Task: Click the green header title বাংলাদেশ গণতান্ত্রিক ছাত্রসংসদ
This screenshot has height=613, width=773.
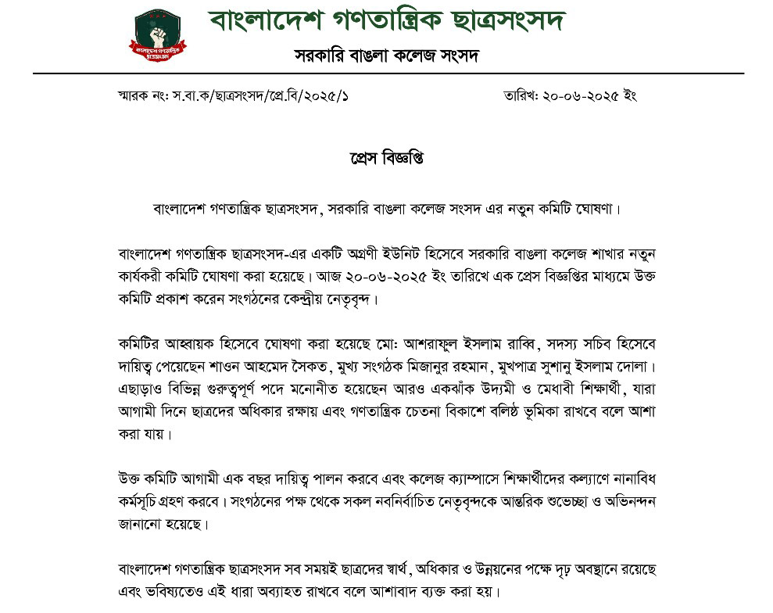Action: coord(387,20)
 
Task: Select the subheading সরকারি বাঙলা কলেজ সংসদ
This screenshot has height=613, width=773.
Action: coord(386,56)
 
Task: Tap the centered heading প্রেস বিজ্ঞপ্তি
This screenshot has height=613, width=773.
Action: coord(386,159)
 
